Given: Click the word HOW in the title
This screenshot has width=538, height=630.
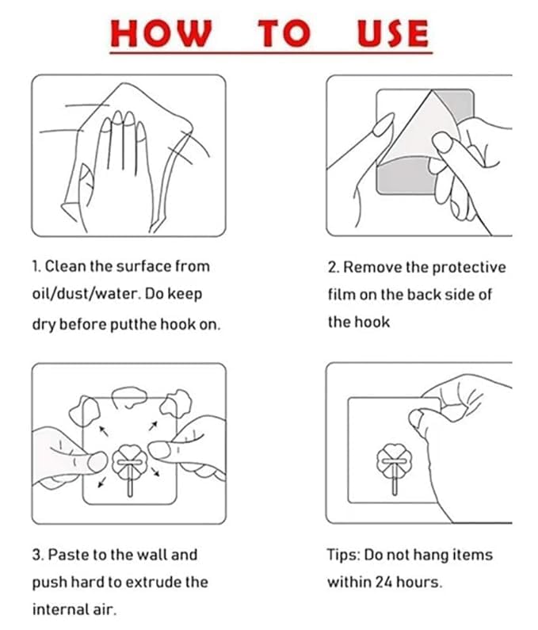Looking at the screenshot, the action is tap(161, 33).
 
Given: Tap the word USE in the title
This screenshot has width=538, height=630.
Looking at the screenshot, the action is tap(392, 33).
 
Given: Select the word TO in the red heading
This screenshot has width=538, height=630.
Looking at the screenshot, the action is tap(284, 33).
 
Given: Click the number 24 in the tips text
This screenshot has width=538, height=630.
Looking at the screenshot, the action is tap(383, 582).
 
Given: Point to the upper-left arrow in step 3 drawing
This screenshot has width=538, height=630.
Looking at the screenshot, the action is tap(104, 431).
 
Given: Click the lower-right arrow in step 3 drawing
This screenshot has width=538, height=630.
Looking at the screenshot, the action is tap(155, 472).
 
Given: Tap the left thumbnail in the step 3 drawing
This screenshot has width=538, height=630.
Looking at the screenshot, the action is tap(97, 462).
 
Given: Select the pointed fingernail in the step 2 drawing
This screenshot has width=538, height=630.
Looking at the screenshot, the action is tap(383, 124).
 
